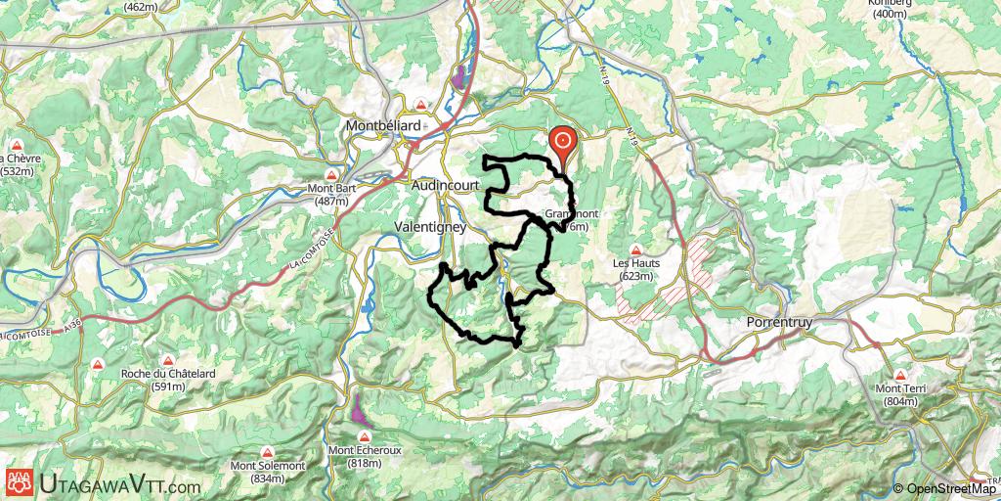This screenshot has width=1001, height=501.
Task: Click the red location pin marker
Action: (563, 143)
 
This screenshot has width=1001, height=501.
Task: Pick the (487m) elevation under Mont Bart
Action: (332, 202)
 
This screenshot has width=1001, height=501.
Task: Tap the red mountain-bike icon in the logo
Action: (18, 481)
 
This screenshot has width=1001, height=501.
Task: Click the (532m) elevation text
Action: (18, 171)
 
